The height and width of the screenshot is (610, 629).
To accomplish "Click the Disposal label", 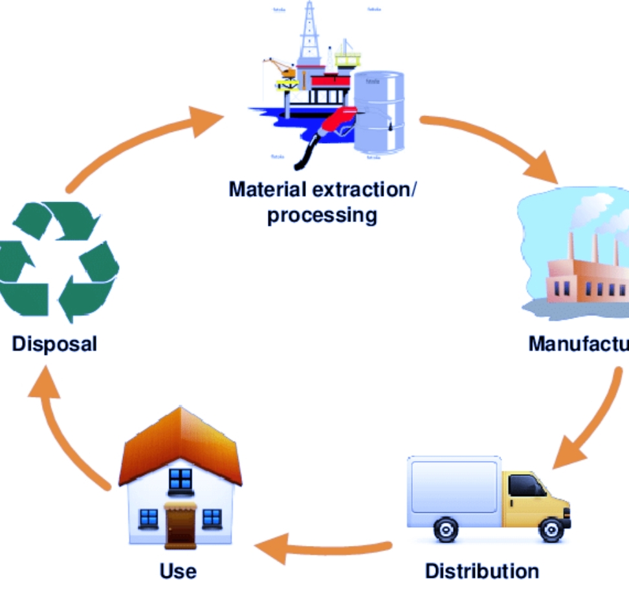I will coord(54,343).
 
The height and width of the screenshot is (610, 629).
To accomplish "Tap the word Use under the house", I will coord(177,571).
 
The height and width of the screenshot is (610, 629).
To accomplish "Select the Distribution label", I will coord(481,571).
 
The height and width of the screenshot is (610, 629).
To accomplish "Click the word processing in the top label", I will coord(322,214).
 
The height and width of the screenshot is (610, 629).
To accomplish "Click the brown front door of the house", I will coord(179,525).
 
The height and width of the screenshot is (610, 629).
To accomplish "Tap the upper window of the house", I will coord(180,480).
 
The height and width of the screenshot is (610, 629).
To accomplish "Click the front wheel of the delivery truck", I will coord(551,530).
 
